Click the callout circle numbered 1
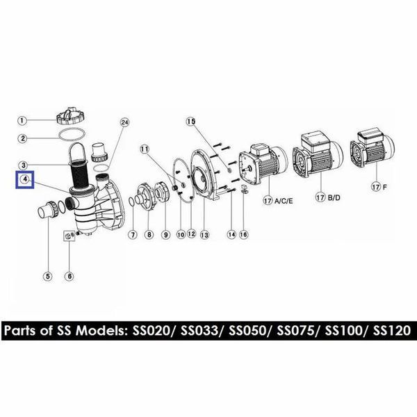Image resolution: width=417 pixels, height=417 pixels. pos(22,120)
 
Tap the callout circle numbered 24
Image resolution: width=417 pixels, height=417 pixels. pos(124,122)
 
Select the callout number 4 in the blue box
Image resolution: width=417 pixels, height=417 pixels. pos(25,179)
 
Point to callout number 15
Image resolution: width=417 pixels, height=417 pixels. pos(190,122)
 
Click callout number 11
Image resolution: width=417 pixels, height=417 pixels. pos(145,149)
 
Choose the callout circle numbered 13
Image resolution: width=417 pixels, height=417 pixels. pos(204,235)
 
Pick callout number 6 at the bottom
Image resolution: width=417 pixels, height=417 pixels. pos(69,277)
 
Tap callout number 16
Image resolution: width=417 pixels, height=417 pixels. pos(244,234)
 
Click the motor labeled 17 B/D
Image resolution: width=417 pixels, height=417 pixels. pos(318,152)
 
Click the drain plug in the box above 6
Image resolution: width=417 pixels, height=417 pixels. pos(69,236)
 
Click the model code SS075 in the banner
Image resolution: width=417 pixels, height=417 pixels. pos(297,331)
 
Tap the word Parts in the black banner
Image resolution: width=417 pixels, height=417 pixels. pos(20,331)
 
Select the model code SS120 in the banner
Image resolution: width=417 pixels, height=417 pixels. pos(392,331)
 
